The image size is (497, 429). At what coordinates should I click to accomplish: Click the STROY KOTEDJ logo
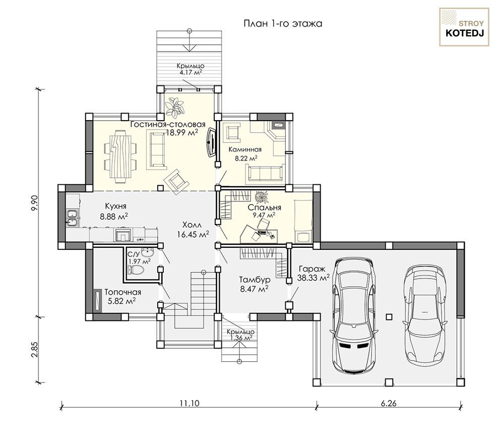[465, 27]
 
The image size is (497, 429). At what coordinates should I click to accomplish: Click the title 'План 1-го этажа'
[283, 24]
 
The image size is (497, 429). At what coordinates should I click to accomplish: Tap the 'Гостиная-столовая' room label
[168, 124]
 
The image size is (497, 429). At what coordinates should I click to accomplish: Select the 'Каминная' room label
[245, 149]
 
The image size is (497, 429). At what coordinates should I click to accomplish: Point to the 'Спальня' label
[264, 207]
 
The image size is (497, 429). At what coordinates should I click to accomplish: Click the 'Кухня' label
[113, 206]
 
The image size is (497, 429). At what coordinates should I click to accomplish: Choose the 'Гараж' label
[312, 269]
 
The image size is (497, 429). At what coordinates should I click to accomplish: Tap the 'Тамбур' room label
[255, 280]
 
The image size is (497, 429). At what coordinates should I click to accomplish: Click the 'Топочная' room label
[122, 292]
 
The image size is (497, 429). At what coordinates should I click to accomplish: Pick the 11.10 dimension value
[189, 403]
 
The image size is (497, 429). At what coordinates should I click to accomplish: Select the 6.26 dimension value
[389, 403]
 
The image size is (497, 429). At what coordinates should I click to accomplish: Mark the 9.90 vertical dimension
[35, 202]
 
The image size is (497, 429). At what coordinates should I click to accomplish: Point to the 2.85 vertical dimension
[35, 349]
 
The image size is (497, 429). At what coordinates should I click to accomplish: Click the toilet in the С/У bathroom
[135, 270]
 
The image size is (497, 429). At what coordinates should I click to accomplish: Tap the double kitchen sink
[72, 218]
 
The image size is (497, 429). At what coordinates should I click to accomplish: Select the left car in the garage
[354, 315]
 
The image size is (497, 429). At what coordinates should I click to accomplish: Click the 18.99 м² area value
[182, 133]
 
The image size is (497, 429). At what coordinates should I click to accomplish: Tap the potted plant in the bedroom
[261, 196]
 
